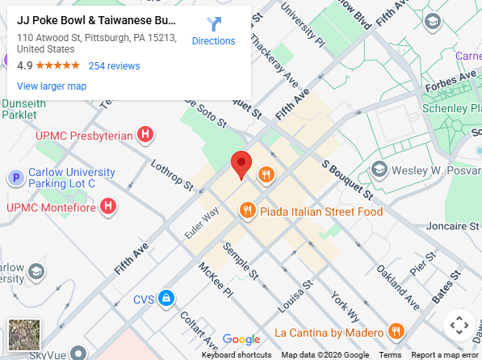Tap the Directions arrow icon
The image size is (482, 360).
(x=213, y=24)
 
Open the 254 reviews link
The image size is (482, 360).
(x=114, y=66)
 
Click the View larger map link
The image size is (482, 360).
(x=52, y=86)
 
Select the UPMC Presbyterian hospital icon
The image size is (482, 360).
(x=145, y=135)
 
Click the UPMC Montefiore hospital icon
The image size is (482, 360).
(x=108, y=207)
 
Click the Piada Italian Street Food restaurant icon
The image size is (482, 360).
(x=248, y=211)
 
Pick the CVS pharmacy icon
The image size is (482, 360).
(x=166, y=300)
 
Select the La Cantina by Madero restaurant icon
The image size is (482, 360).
(x=395, y=332)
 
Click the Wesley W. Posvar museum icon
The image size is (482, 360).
(x=379, y=170)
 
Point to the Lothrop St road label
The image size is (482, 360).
(x=171, y=175)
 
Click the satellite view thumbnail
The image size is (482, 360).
(x=23, y=334)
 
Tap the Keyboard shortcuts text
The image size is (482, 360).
(x=237, y=355)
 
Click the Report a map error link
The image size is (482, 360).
(x=444, y=355)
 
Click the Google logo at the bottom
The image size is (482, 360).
(x=241, y=340)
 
